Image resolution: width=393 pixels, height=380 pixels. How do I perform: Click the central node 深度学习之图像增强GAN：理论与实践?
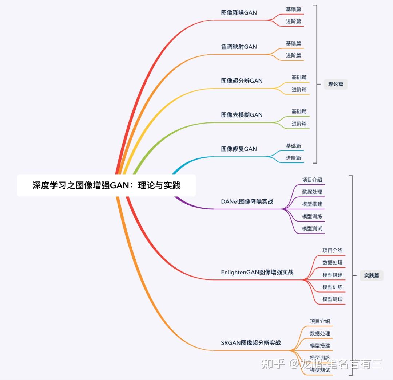point(106,185)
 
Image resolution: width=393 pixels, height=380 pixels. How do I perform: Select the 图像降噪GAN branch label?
point(239,13)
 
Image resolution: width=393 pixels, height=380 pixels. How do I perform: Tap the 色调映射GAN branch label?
point(239,47)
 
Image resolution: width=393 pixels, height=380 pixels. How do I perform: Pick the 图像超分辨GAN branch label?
point(242,81)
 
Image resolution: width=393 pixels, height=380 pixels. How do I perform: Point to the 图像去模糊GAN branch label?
point(242,115)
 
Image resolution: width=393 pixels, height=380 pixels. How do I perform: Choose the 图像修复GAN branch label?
point(239,149)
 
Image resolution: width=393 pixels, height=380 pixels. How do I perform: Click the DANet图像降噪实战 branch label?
point(247,201)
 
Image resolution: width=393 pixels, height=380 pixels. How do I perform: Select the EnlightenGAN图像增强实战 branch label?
point(257,272)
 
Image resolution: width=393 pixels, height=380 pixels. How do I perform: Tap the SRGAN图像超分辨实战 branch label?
point(251,343)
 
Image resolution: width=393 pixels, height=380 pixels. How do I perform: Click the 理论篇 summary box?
point(336,84)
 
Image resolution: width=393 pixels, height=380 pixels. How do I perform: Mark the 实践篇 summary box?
point(372,275)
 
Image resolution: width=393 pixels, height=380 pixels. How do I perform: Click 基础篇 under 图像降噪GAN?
point(293,9)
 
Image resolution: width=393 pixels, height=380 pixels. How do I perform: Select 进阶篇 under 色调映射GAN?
point(293,55)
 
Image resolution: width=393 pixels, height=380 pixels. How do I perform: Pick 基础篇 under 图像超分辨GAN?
point(299,77)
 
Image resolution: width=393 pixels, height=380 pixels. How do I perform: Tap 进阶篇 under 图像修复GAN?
point(293,158)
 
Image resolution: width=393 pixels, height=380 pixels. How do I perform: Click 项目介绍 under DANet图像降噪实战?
point(312,180)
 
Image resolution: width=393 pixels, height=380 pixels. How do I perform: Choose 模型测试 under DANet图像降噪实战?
point(312,228)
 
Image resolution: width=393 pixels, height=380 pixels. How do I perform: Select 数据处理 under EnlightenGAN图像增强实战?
point(332,262)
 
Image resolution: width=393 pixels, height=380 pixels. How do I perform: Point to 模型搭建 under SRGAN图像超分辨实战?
point(320,345)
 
